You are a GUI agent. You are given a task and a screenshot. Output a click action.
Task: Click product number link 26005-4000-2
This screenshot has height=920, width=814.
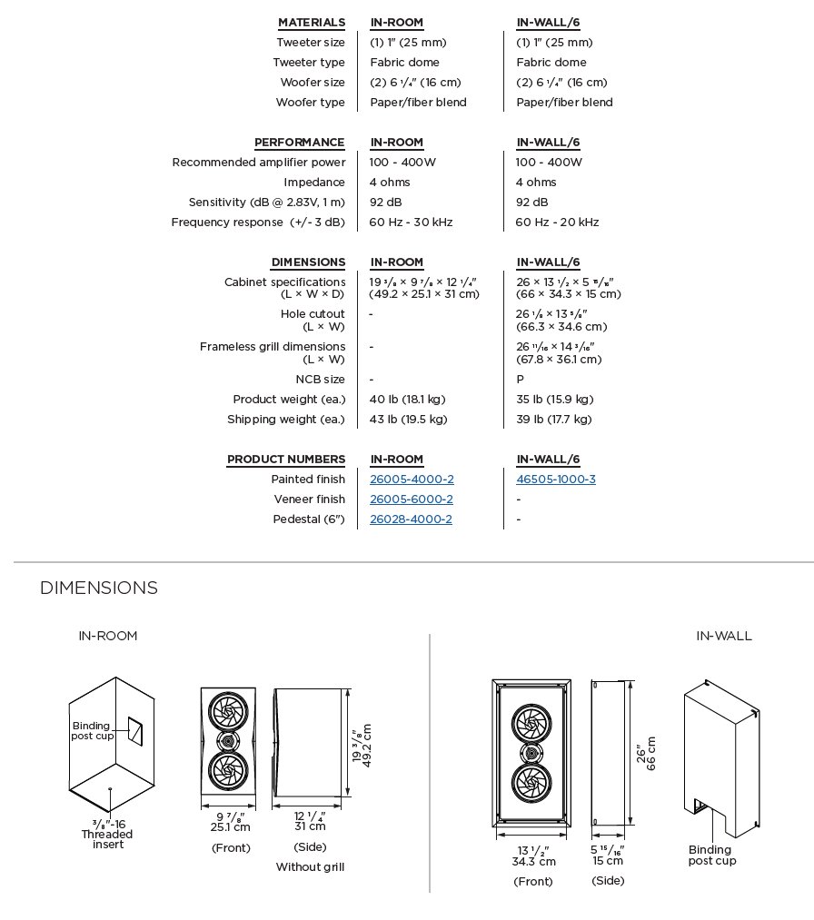pyautogui.click(x=412, y=480)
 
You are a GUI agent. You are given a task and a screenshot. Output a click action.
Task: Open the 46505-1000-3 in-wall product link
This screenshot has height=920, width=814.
pyautogui.click(x=556, y=480)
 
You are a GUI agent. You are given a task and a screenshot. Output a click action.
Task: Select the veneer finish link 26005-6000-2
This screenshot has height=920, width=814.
pyautogui.click(x=412, y=500)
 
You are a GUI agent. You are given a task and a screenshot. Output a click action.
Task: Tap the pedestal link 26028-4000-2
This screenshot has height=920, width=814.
pyautogui.click(x=411, y=519)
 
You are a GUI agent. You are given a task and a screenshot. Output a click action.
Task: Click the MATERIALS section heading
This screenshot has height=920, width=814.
pyautogui.click(x=312, y=23)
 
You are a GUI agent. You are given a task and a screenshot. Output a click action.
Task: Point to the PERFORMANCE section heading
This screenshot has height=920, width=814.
pyautogui.click(x=300, y=143)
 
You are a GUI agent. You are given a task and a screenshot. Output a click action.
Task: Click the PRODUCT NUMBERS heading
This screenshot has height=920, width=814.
pyautogui.click(x=286, y=460)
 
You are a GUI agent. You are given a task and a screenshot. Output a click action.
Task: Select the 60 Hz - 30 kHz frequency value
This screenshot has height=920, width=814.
pyautogui.click(x=411, y=223)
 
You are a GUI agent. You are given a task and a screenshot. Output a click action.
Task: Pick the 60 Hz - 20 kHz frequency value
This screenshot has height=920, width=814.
pyautogui.click(x=557, y=223)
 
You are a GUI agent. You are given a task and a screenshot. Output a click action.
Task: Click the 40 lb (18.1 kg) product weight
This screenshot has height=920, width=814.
pyautogui.click(x=408, y=400)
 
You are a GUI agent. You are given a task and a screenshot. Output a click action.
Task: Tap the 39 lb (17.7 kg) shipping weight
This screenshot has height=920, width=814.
pyautogui.click(x=554, y=420)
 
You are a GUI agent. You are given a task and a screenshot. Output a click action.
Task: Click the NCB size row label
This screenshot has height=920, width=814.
pyautogui.click(x=320, y=380)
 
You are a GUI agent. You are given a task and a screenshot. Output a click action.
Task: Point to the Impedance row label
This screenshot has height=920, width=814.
pyautogui.click(x=314, y=183)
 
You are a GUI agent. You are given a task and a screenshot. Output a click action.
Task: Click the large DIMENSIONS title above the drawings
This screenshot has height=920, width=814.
pyautogui.click(x=99, y=589)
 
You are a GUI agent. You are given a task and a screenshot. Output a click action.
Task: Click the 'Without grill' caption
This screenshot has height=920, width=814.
pyautogui.click(x=310, y=867)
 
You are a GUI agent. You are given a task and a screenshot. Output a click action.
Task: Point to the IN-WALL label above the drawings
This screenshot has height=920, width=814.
pyautogui.click(x=724, y=637)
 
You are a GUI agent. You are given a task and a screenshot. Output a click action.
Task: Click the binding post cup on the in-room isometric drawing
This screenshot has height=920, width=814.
pyautogui.click(x=134, y=729)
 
